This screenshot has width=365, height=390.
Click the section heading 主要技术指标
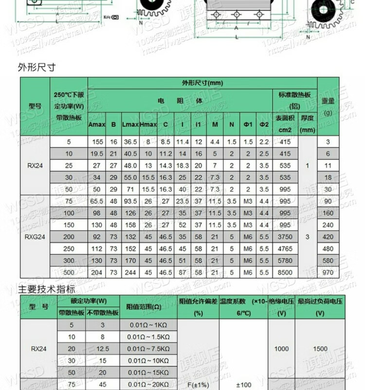(40, 290)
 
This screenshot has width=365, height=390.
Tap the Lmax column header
(129, 124)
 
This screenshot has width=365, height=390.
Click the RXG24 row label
(35, 236)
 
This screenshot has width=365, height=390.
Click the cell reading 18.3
(182, 166)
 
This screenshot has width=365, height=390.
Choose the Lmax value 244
(129, 273)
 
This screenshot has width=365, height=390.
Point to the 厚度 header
(307, 124)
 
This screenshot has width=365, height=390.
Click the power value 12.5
(102, 349)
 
